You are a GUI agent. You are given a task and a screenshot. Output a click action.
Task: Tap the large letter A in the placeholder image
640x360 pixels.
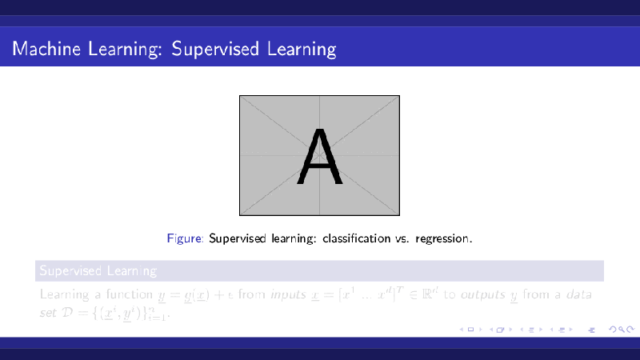pyautogui.click(x=320, y=157)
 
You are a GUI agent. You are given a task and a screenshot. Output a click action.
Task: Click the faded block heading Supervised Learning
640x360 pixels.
pyautogui.click(x=98, y=271)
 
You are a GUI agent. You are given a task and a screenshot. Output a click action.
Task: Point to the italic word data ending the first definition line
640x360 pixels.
pyautogui.click(x=579, y=294)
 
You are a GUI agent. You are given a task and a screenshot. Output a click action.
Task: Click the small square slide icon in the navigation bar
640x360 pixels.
pyautogui.click(x=470, y=329)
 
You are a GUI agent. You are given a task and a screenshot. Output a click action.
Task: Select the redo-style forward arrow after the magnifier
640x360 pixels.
pyautogui.click(x=626, y=329)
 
